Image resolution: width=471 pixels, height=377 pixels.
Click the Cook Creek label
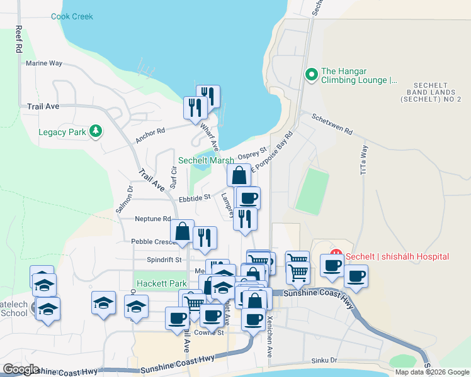(x=72, y=16)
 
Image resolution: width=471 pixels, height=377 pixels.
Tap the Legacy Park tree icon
(x=95, y=131)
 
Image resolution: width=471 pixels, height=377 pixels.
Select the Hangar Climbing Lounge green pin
(x=310, y=75)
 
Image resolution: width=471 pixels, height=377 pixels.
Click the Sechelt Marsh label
(x=206, y=160)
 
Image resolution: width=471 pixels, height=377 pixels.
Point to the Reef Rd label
(x=19, y=39)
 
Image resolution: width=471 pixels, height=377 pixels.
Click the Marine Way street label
(x=44, y=63)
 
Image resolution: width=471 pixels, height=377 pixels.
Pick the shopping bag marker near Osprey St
(x=239, y=175)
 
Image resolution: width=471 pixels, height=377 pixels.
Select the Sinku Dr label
(x=324, y=361)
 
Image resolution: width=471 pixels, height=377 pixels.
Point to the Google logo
(x=21, y=369)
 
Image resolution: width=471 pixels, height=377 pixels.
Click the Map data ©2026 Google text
(x=431, y=372)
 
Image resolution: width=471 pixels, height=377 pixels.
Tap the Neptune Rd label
(x=153, y=219)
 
